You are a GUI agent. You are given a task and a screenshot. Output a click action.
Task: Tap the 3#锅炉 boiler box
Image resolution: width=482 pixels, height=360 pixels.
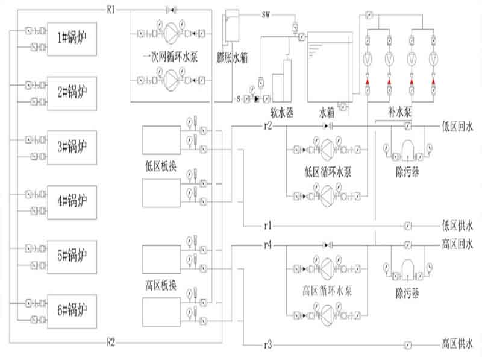(72, 146)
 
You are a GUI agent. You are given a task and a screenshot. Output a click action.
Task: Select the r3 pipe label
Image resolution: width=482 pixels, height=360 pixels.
(268, 345)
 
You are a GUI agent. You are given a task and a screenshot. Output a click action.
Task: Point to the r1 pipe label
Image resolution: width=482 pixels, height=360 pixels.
(268, 226)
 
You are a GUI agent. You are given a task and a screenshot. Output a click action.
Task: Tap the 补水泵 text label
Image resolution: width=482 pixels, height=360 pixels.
(401, 112)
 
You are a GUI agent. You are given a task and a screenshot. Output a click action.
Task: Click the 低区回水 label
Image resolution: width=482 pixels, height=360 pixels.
(458, 127)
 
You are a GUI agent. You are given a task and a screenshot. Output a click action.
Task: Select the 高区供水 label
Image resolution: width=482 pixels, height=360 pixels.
(458, 346)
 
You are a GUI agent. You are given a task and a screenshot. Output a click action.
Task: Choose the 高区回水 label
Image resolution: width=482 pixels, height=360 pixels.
(458, 244)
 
